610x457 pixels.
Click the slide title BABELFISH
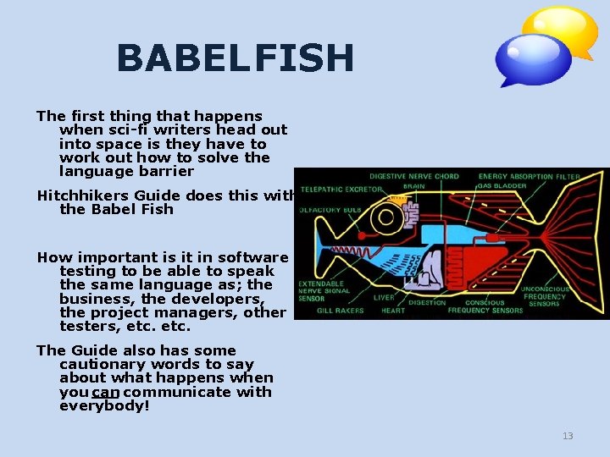pyautogui.click(x=235, y=58)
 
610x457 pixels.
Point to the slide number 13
pyautogui.click(x=568, y=436)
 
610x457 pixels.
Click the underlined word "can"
pyautogui.click(x=106, y=392)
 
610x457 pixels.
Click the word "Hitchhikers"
pyautogui.click(x=80, y=195)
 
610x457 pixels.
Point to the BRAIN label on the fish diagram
pyautogui.click(x=414, y=185)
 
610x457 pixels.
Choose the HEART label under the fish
pyautogui.click(x=391, y=311)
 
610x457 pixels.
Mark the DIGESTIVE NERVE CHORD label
pyautogui.click(x=414, y=176)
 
